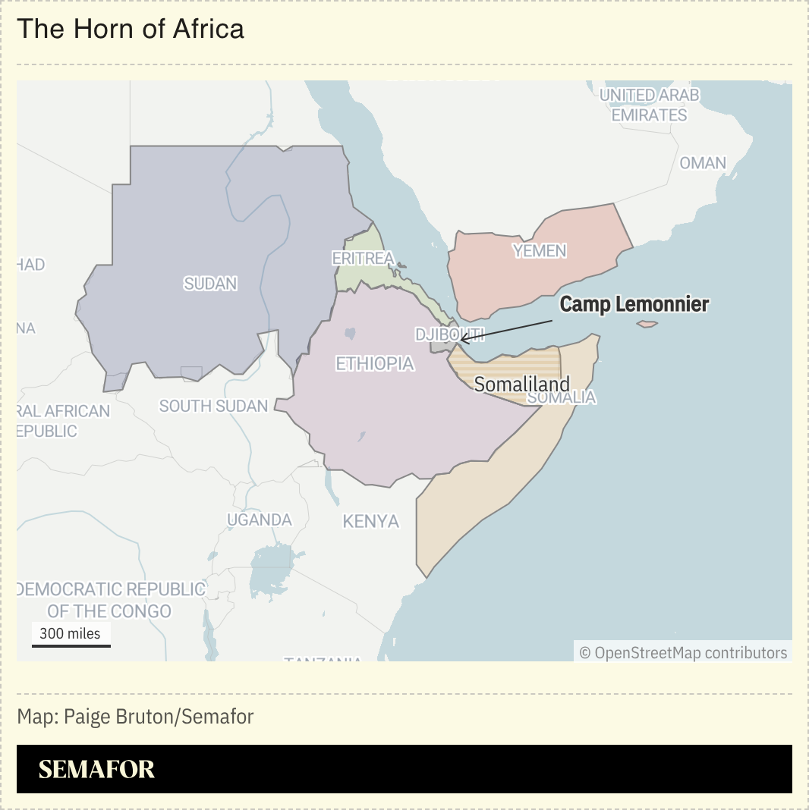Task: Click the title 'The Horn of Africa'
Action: (x=131, y=29)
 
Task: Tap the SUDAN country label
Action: (x=210, y=284)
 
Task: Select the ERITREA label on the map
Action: (x=363, y=258)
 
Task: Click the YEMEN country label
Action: (x=540, y=250)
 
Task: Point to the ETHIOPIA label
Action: (x=375, y=363)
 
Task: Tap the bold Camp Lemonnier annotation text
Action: (x=634, y=304)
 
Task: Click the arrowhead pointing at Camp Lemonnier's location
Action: (x=462, y=339)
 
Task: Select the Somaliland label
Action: (x=521, y=384)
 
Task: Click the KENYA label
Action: (x=370, y=521)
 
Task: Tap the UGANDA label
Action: (x=260, y=520)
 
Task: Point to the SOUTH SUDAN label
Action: (x=213, y=406)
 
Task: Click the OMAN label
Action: (x=702, y=163)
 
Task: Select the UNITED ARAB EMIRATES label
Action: (x=649, y=105)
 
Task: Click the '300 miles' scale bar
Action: (x=71, y=636)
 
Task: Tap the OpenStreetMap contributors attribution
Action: (x=683, y=652)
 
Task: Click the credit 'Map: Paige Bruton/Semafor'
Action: (x=135, y=716)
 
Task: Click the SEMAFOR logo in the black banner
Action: (x=96, y=769)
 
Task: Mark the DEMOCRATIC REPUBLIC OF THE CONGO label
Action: (x=110, y=600)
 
